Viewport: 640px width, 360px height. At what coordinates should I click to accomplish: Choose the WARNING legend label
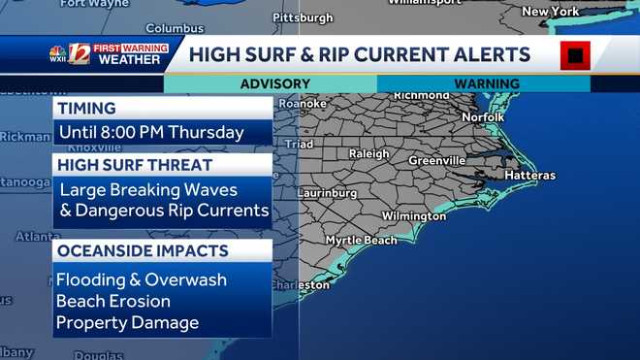pyautogui.click(x=486, y=84)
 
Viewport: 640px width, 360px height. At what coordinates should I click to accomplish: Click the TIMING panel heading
pyautogui.click(x=87, y=109)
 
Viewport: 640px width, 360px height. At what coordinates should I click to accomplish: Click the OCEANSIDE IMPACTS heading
pyautogui.click(x=144, y=251)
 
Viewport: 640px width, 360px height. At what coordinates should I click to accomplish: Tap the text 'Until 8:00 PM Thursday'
pyautogui.click(x=151, y=132)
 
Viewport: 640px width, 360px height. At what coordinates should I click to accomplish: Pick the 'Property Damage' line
pyautogui.click(x=128, y=322)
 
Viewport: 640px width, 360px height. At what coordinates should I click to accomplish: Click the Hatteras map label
pyautogui.click(x=529, y=176)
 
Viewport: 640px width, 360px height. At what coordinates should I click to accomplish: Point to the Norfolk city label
pyautogui.click(x=482, y=117)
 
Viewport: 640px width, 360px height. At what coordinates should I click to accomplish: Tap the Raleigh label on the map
pyautogui.click(x=368, y=153)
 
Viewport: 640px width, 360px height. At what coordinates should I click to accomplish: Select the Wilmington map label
pyautogui.click(x=414, y=215)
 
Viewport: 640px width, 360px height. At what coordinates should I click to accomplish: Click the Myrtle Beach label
pyautogui.click(x=361, y=240)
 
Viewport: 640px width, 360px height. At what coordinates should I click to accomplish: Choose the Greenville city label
pyautogui.click(x=436, y=160)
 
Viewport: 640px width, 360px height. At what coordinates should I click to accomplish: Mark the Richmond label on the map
pyautogui.click(x=422, y=96)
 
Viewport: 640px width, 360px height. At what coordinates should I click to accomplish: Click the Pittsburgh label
pyautogui.click(x=303, y=17)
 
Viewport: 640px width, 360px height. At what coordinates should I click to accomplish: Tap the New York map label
pyautogui.click(x=551, y=12)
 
